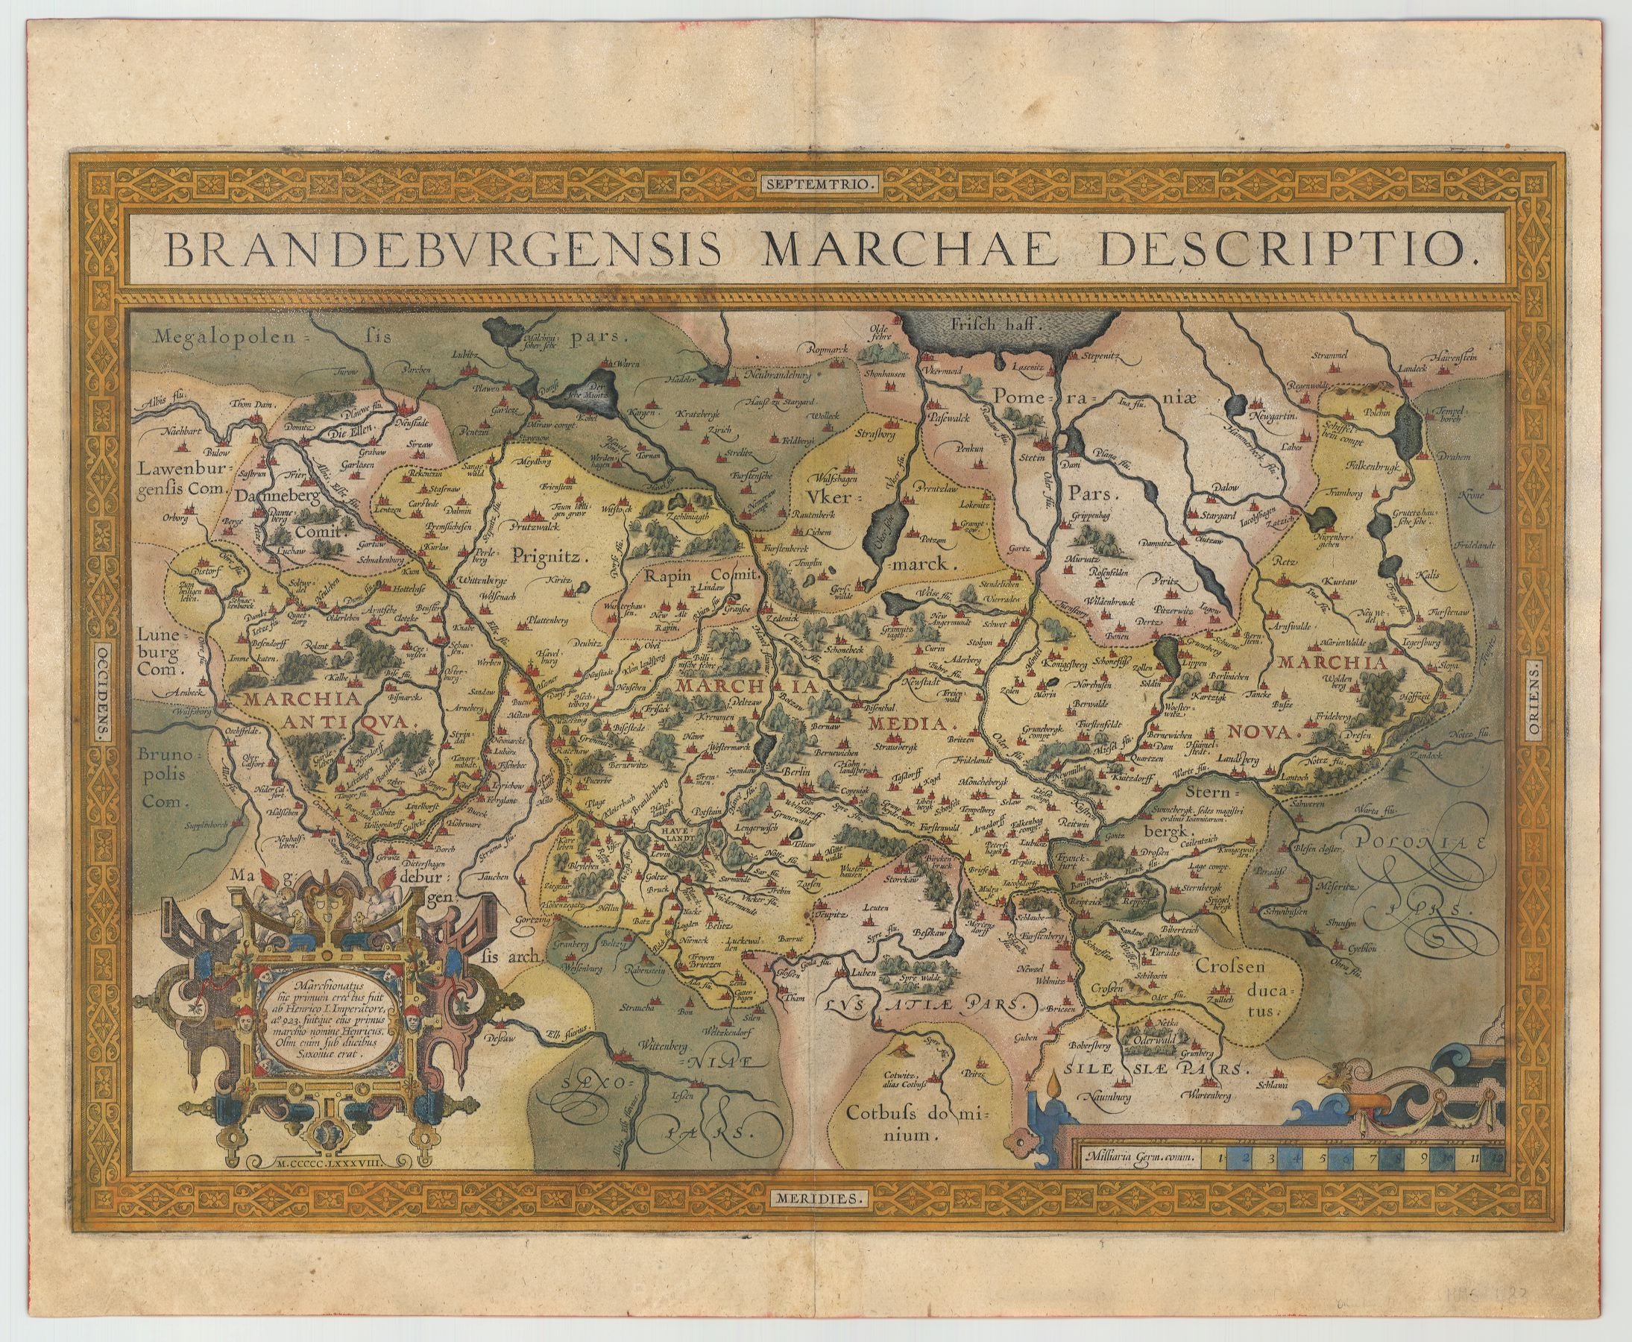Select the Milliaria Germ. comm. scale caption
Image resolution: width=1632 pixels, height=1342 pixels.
point(1138,1157)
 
